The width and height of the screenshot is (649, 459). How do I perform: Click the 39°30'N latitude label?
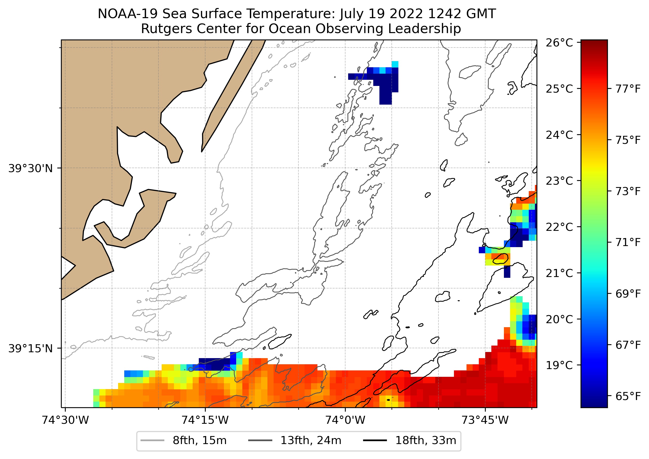point(30,168)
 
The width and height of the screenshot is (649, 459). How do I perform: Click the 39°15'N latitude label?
point(30,349)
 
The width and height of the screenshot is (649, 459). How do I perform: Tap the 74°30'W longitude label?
point(65,420)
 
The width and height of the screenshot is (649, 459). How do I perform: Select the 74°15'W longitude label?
point(205,420)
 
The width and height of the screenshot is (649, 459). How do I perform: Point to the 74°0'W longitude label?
point(345,420)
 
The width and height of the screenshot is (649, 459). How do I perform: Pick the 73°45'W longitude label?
point(485,420)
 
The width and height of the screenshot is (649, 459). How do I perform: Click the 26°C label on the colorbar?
point(559,43)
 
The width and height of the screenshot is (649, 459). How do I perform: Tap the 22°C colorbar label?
point(559,227)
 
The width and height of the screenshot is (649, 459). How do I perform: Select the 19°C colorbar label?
point(559,365)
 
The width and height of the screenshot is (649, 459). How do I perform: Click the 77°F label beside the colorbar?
point(628,89)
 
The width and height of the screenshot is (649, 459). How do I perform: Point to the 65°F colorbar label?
point(628,396)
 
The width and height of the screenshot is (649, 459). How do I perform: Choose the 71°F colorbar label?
point(628,242)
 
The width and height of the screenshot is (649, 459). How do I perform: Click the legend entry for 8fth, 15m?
point(199,441)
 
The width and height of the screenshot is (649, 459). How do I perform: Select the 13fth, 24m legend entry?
point(311,441)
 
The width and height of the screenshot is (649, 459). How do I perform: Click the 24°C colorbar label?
point(559,135)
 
